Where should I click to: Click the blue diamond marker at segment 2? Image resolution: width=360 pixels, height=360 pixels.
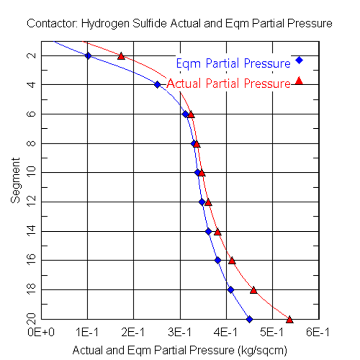88,55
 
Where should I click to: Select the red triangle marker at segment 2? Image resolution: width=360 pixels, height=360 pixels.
121,56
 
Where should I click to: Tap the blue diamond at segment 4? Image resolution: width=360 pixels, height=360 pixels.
157,85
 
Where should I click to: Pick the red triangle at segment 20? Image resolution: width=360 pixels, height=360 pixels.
289,319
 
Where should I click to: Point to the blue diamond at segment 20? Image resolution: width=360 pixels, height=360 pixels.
249,319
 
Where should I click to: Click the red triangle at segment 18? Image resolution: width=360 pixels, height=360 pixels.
254,290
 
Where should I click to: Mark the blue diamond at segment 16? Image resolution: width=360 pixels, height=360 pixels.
218,260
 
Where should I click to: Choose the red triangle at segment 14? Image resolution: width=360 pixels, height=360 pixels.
218,231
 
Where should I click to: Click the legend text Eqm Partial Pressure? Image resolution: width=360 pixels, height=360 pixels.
232,63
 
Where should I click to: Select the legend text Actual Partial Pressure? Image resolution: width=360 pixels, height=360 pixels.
228,83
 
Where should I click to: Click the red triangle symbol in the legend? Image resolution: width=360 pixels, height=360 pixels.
299,80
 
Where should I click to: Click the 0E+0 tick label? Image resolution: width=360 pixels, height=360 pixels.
41,331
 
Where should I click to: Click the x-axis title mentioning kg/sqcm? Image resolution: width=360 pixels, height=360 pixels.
180,351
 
